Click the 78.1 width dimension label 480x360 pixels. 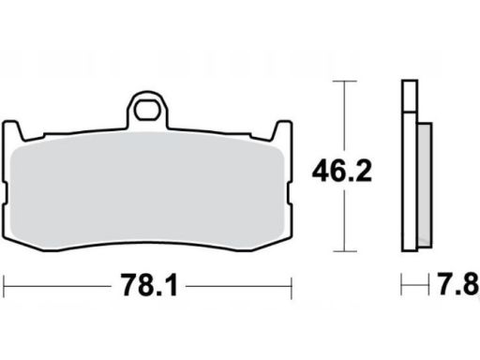149,285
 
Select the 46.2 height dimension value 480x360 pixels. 342,171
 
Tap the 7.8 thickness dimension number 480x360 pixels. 457,284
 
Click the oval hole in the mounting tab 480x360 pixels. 147,110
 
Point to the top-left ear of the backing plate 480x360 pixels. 12,129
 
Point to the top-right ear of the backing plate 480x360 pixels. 282,129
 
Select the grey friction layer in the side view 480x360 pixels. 425,185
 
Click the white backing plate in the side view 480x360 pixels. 410,181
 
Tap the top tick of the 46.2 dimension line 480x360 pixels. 344,82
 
